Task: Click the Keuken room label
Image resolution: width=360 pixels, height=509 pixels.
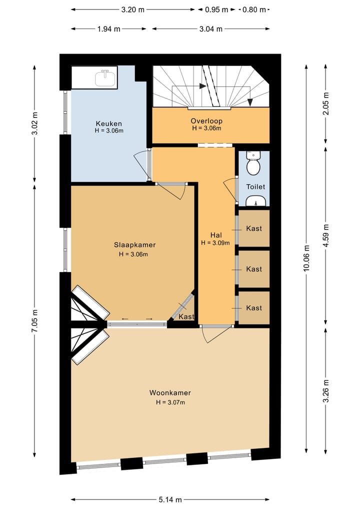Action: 108,123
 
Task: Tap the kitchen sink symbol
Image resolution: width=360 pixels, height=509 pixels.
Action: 105,78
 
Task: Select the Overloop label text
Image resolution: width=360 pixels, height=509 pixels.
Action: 206,121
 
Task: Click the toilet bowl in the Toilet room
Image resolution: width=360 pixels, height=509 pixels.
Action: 253,164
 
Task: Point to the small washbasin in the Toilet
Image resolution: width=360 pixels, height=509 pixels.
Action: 256,201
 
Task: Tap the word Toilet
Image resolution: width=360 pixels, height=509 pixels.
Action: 255,186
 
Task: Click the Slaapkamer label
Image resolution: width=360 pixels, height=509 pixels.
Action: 134,245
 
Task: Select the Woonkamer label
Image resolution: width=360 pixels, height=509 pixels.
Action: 170,393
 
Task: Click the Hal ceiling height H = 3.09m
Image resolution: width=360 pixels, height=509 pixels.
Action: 215,243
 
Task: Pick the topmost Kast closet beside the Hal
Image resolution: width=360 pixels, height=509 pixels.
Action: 254,228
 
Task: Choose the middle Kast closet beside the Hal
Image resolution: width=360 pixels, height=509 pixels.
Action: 254,269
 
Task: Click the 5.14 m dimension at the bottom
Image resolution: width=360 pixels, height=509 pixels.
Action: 170,499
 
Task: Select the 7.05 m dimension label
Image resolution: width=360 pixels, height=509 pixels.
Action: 34,320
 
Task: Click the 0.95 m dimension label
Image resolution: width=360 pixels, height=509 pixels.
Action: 216,9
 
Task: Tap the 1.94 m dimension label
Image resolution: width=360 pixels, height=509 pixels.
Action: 108,29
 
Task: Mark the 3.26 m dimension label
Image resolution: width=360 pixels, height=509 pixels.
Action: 326,391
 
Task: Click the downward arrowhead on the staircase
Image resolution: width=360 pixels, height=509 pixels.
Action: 250,102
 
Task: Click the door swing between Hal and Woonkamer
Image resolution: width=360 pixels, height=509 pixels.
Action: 216,333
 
